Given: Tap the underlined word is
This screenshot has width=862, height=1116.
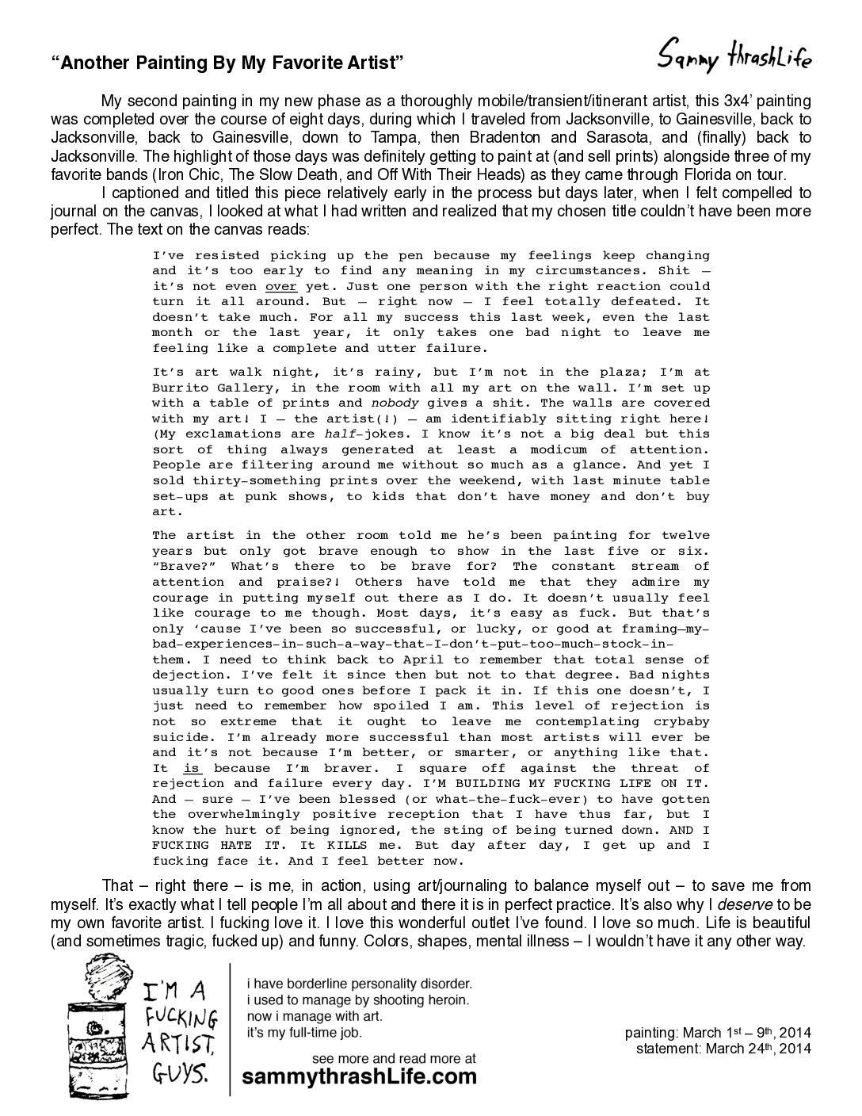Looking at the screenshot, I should point(191,768).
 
